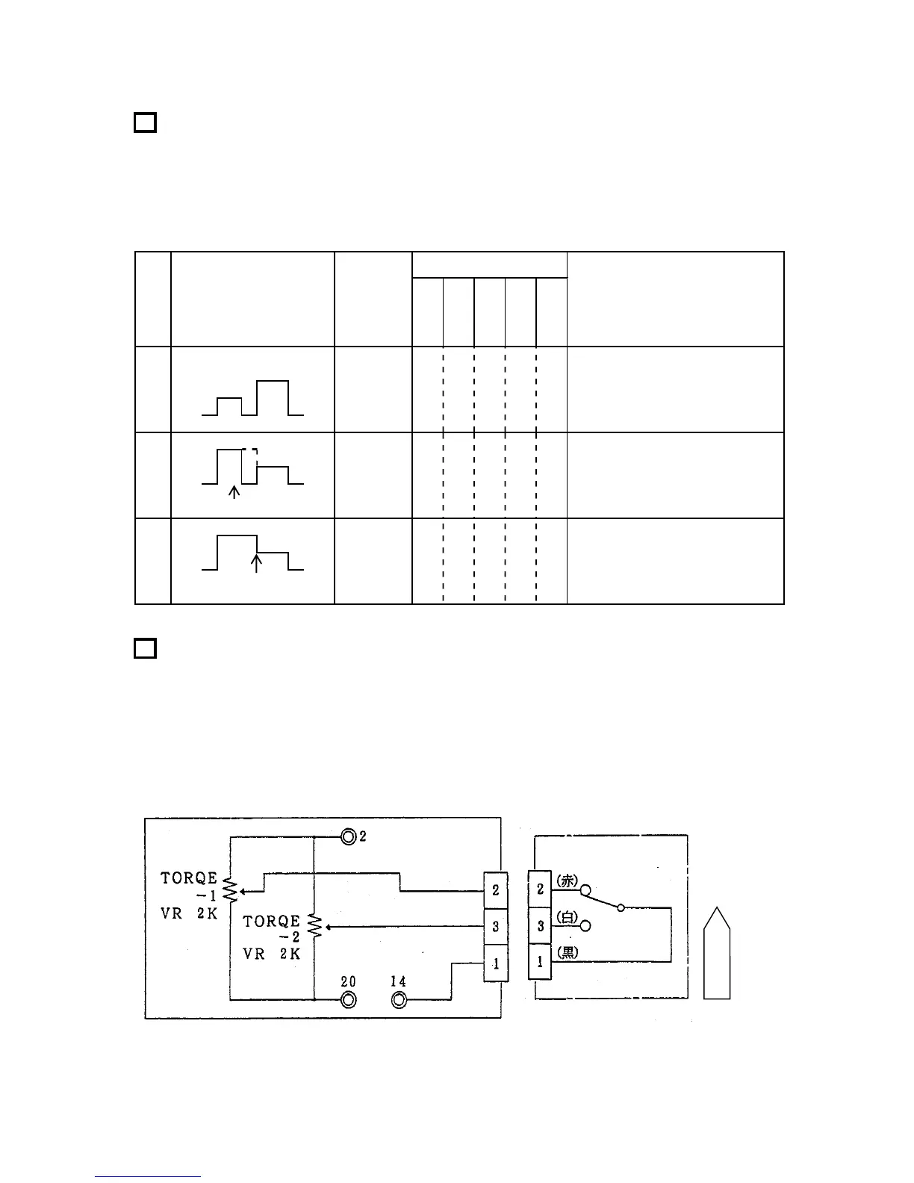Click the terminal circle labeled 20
point(348,1000)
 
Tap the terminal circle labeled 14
point(400,1000)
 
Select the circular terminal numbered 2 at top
point(348,837)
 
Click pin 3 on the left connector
point(496,927)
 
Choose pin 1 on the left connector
point(496,963)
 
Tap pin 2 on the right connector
point(540,889)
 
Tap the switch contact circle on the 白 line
point(585,926)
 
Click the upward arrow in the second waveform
point(234,491)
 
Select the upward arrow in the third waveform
point(256,562)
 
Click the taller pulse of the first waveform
point(272,396)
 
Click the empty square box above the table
point(145,122)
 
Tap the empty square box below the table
point(145,648)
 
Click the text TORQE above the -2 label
point(271,922)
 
